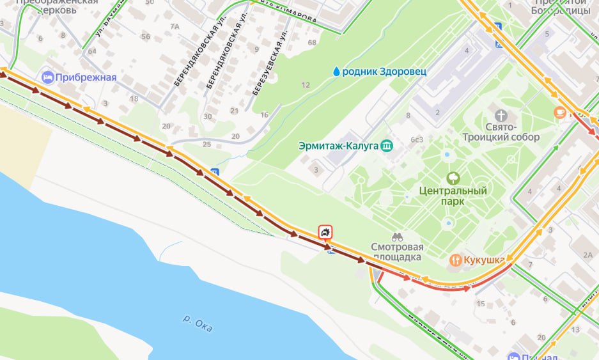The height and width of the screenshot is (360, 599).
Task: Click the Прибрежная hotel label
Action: point(86,77)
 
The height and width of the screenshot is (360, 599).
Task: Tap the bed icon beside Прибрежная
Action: point(47,77)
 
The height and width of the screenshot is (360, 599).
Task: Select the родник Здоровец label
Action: point(384,71)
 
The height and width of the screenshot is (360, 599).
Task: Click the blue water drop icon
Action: point(336,71)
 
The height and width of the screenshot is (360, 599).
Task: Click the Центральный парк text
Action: point(453,196)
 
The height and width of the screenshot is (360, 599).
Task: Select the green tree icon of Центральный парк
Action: point(453,177)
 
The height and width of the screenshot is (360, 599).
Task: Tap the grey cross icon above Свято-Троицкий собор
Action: point(502,116)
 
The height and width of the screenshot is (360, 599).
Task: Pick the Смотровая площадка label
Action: point(396,251)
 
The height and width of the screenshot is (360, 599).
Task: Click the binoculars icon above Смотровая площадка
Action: point(397,236)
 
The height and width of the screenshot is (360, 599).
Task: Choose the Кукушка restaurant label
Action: point(485,260)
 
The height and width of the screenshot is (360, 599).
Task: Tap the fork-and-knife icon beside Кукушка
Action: point(455,260)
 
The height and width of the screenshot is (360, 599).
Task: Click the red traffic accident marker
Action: point(326,232)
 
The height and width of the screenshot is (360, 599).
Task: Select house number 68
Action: point(312,43)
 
